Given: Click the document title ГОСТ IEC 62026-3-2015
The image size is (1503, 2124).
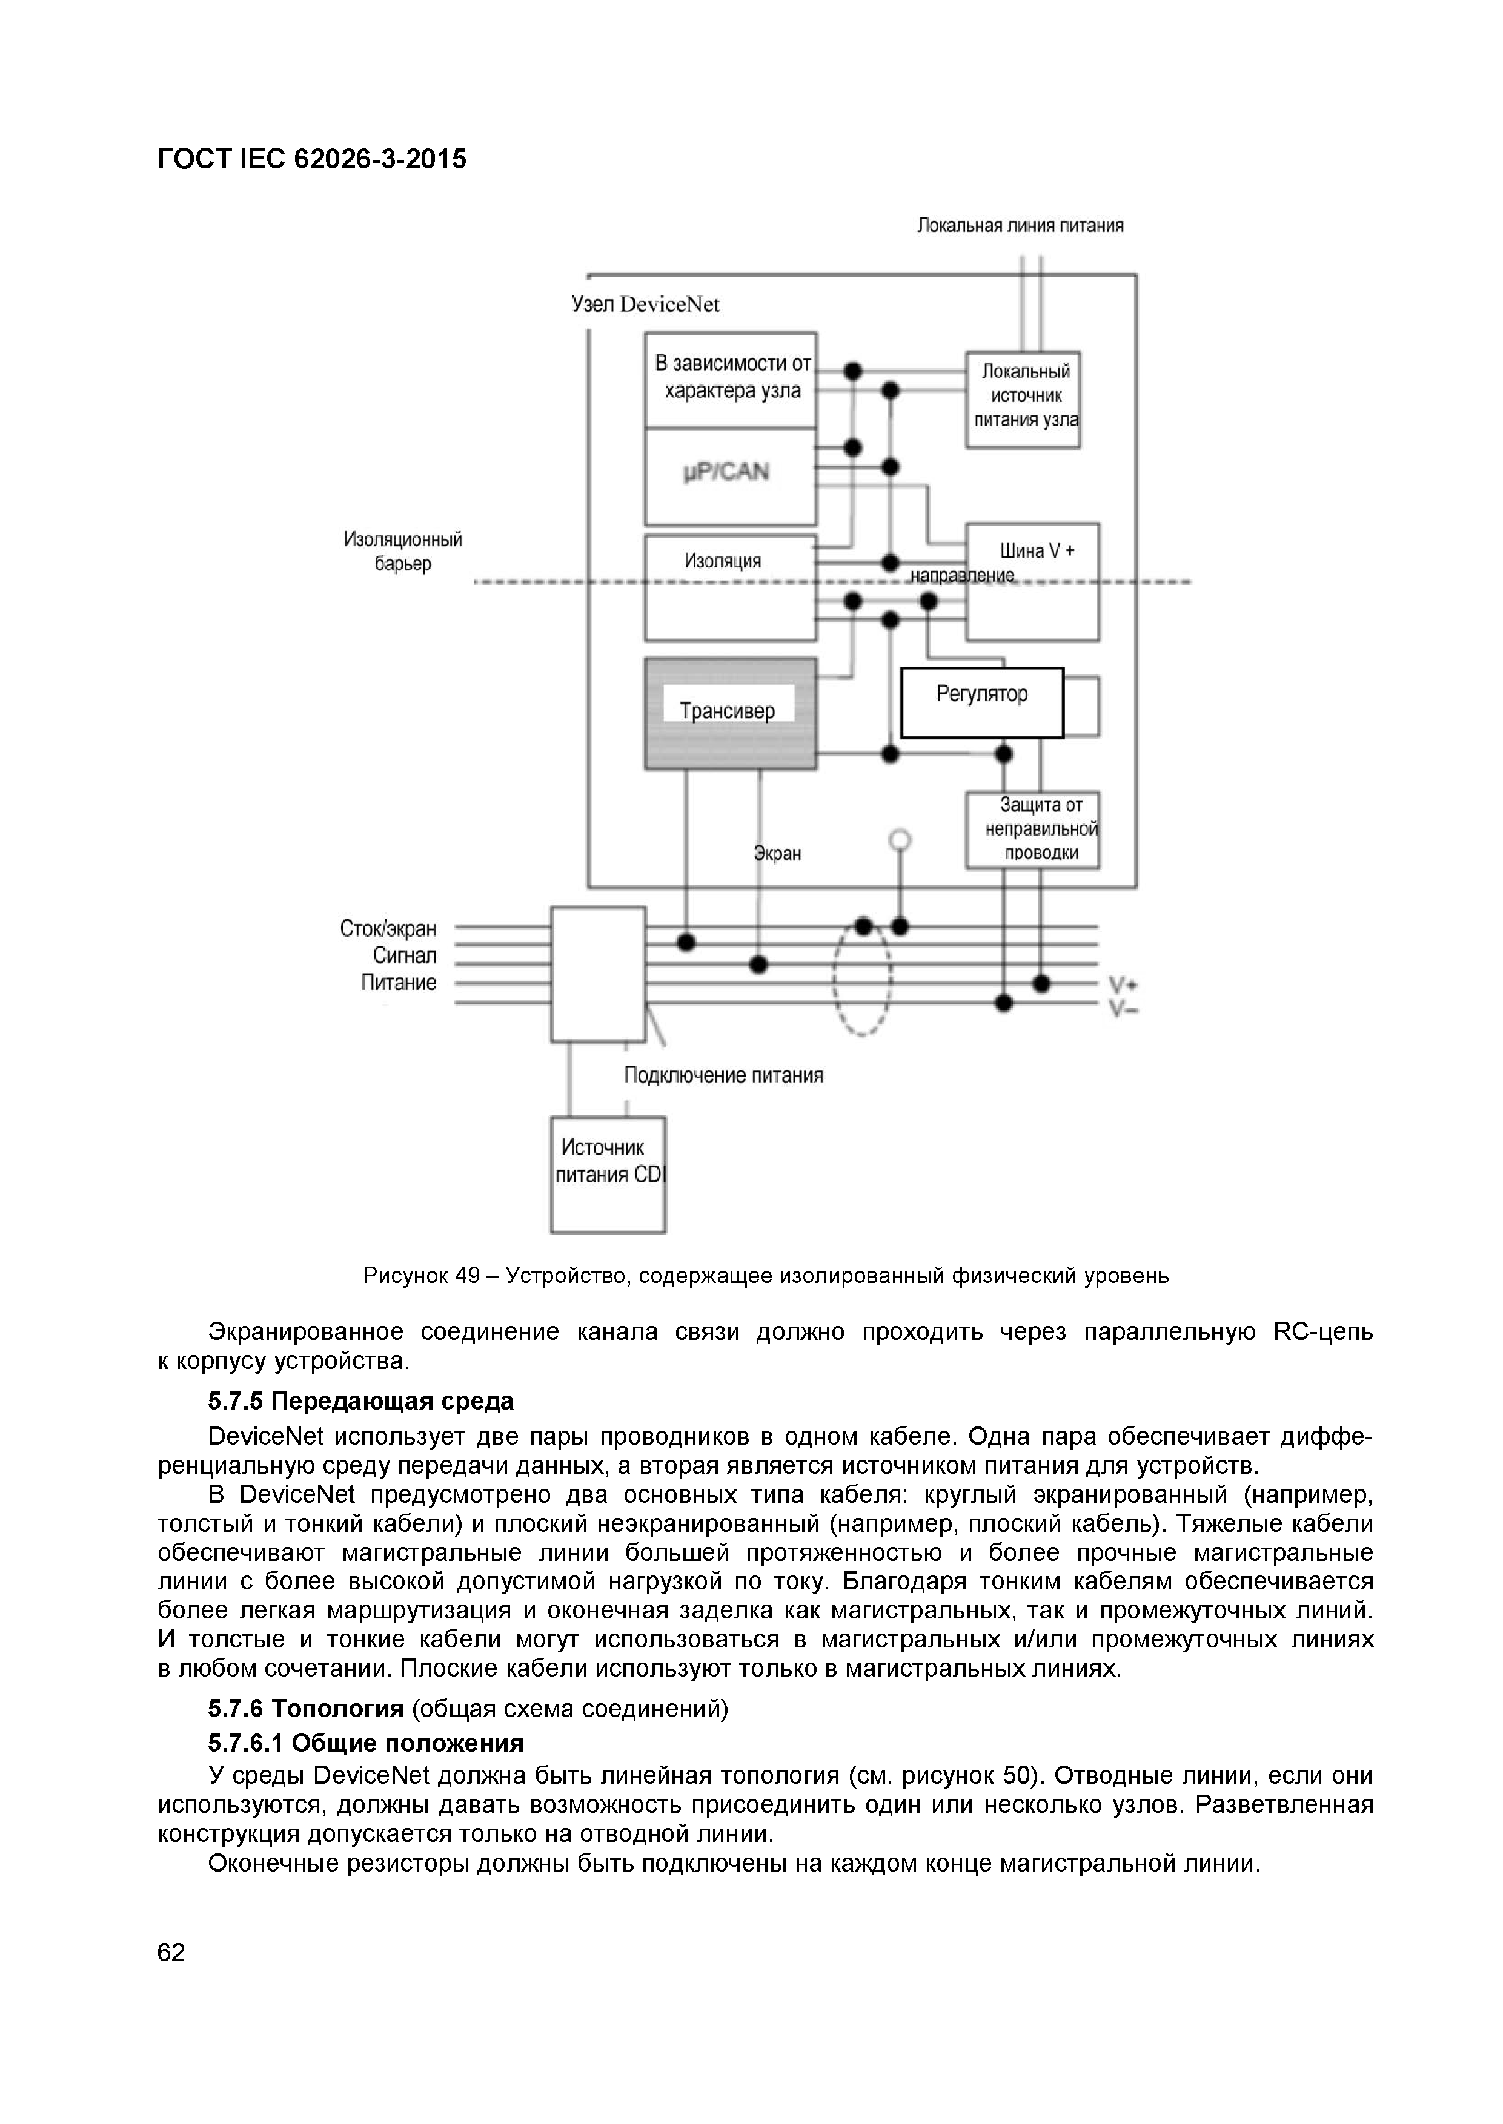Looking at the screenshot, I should pyautogui.click(x=312, y=159).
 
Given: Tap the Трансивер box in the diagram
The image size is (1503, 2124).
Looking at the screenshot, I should pyautogui.click(x=730, y=712).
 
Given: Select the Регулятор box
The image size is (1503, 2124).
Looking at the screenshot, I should pyautogui.click(x=982, y=703).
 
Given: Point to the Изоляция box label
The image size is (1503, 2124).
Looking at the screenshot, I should pyautogui.click(x=723, y=561).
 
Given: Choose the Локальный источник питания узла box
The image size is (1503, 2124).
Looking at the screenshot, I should pyautogui.click(x=1024, y=399).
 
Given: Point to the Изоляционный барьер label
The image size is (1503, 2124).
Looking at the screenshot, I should pyautogui.click(x=403, y=552).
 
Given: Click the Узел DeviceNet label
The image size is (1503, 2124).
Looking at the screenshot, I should pyautogui.click(x=645, y=305).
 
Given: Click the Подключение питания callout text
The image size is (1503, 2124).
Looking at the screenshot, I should pyautogui.click(x=723, y=1075).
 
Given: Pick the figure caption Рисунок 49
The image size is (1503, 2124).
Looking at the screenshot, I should pyautogui.click(x=765, y=1276).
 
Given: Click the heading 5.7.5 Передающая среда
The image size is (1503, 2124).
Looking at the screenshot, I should pyautogui.click(x=361, y=1402).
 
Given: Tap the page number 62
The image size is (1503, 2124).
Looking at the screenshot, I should pyautogui.click(x=171, y=1953).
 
